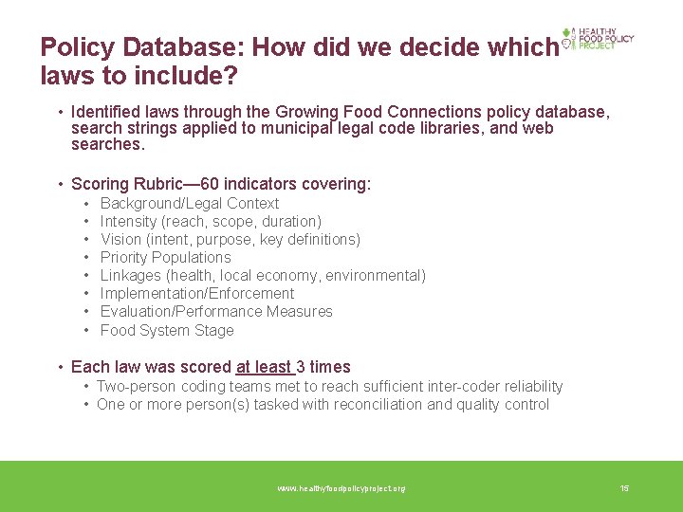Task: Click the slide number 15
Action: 624,488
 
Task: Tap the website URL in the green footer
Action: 341,488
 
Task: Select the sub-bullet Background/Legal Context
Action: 189,203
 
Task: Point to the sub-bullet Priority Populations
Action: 165,257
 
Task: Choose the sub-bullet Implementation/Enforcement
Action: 196,293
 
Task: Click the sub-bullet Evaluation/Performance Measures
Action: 215,311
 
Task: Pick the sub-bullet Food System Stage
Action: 166,330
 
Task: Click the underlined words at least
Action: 264,367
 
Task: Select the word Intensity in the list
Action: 128,221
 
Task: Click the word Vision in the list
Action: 120,239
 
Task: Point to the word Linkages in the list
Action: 131,275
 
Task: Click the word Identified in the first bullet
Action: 104,112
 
